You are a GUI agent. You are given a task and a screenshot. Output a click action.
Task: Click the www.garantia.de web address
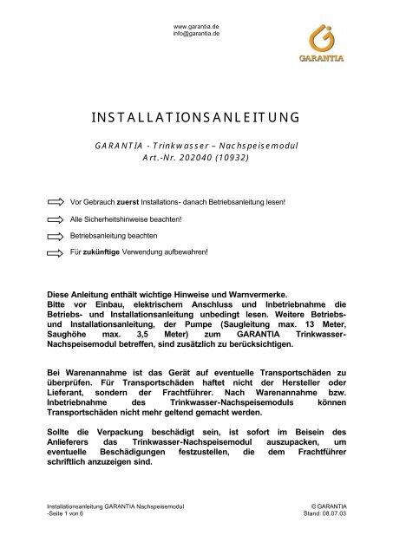(x=196, y=26)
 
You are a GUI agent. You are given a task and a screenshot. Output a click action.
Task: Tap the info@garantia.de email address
(x=196, y=34)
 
